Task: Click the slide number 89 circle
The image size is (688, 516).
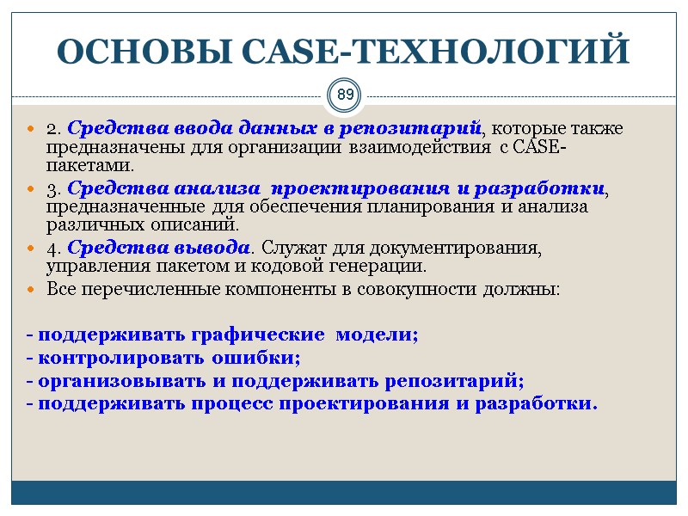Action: coord(344,94)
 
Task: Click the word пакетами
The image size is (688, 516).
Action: coord(90,165)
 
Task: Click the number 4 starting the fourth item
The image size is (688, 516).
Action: coord(51,248)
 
